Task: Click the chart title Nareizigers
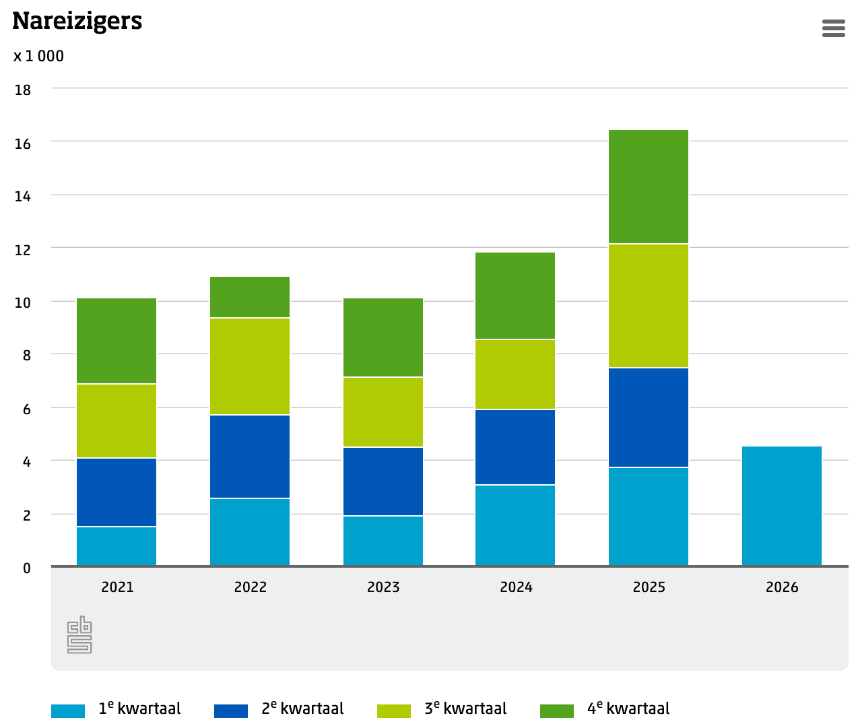(x=77, y=22)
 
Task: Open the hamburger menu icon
(x=833, y=28)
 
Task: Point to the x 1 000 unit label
(x=38, y=56)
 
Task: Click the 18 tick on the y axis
(x=23, y=90)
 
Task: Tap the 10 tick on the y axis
(x=23, y=303)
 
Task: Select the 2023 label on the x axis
(x=383, y=587)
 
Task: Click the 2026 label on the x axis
(x=781, y=587)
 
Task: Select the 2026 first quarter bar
(x=781, y=506)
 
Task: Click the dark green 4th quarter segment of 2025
(x=648, y=187)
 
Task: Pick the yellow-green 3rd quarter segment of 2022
(x=250, y=366)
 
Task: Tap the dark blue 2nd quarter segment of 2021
(x=117, y=492)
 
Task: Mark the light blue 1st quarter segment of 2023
(x=383, y=541)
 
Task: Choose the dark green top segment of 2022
(x=250, y=297)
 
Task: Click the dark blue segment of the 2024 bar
(x=515, y=447)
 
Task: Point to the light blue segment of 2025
(x=648, y=517)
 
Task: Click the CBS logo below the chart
(x=79, y=635)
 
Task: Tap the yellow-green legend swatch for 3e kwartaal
(x=394, y=711)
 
